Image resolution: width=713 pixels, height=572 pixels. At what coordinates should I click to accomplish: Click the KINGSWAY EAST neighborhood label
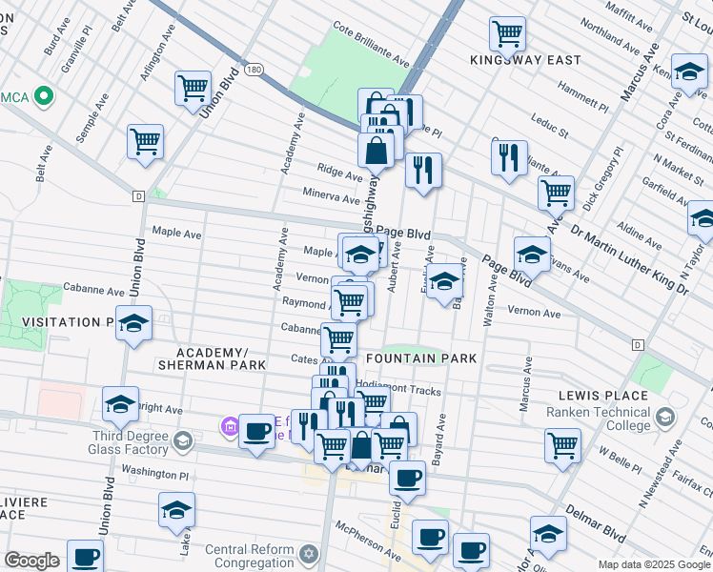pos(525,60)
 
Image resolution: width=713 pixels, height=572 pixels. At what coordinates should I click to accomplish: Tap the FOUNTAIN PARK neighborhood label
pos(420,358)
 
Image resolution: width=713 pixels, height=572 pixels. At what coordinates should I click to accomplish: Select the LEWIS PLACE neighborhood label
pos(604,393)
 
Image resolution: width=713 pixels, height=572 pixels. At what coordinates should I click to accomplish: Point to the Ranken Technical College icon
pos(664,417)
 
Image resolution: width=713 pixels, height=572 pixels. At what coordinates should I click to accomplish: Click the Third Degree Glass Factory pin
pos(182,441)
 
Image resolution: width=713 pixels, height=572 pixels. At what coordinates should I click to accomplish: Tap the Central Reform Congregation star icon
pos(308,554)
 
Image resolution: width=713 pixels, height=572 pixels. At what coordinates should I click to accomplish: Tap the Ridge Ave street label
pos(339,176)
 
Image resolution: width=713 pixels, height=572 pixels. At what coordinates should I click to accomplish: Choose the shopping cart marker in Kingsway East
pos(508,34)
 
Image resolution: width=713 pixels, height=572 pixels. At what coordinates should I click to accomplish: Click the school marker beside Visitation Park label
pos(134,322)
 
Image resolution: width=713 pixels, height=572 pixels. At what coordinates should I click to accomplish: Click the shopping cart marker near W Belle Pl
pos(562,443)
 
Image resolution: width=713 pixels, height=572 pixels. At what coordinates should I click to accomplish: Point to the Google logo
pos(32,561)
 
